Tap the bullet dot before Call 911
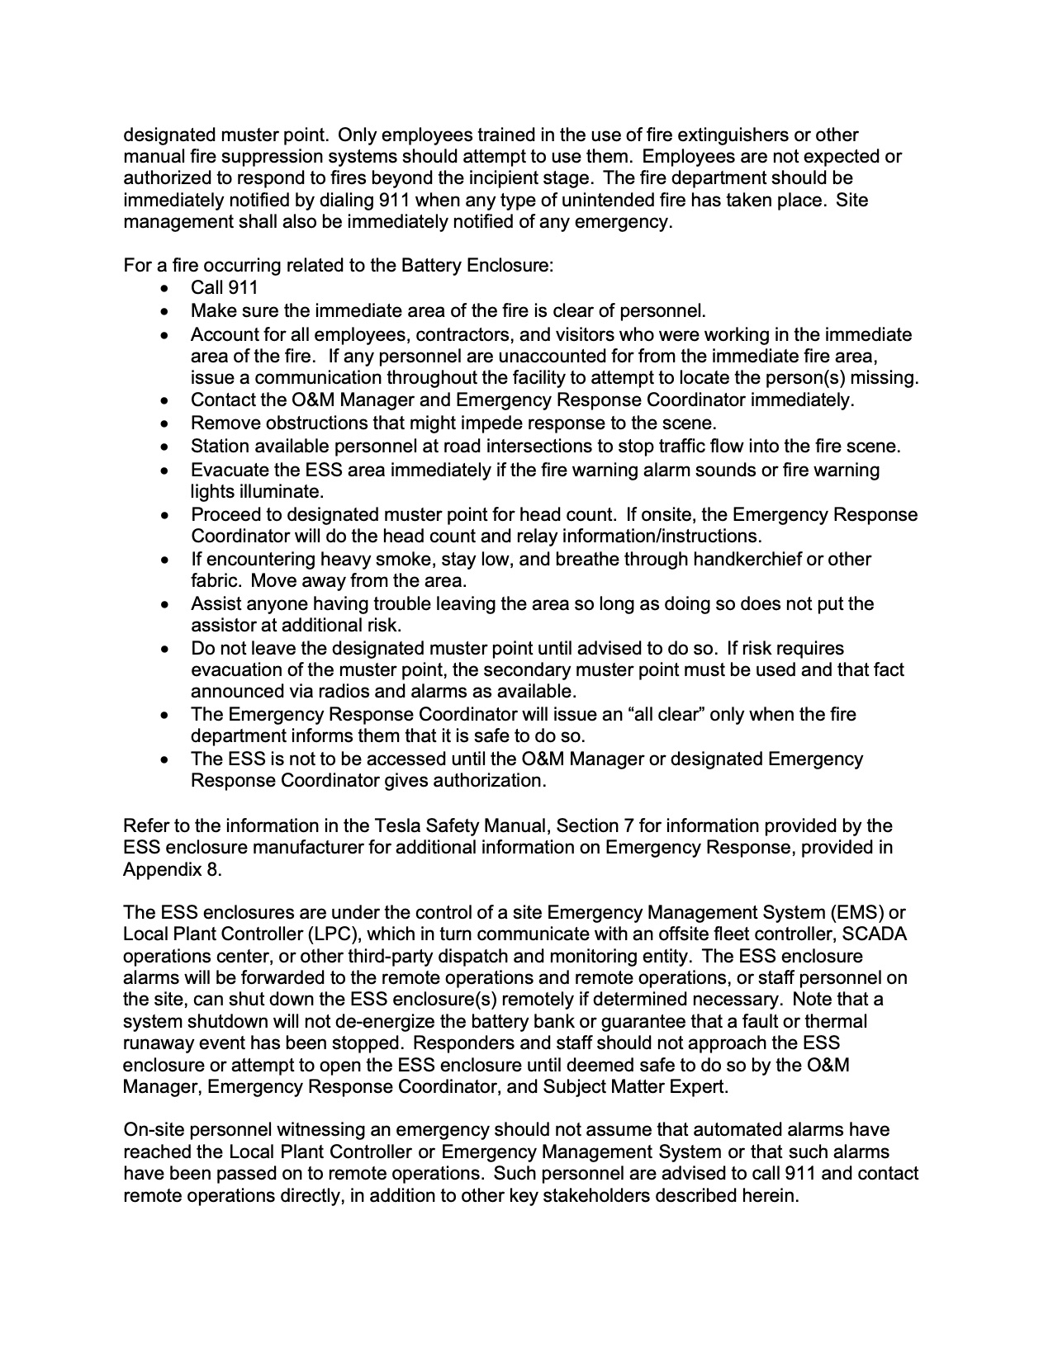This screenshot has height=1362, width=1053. pos(168,289)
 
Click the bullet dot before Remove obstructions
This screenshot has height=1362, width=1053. pos(168,424)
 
